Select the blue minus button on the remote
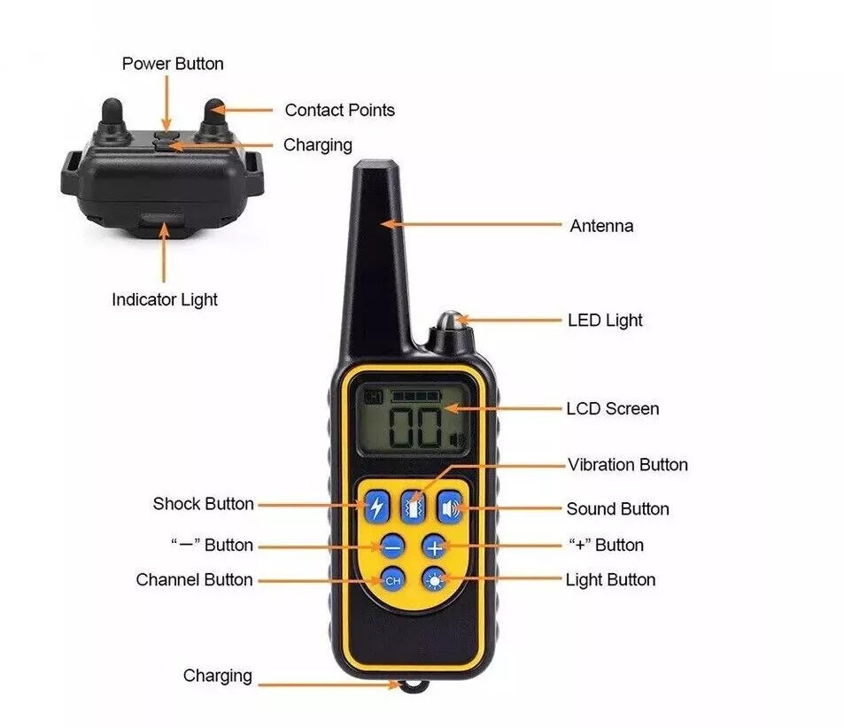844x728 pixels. click(x=393, y=546)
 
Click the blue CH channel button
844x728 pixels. click(x=393, y=580)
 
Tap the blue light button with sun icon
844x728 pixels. click(x=434, y=580)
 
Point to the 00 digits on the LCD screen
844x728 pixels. click(x=416, y=428)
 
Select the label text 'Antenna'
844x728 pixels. click(x=601, y=226)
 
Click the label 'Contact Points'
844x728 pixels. click(x=339, y=110)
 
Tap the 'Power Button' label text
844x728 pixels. click(x=173, y=64)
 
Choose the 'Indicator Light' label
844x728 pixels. click(x=165, y=299)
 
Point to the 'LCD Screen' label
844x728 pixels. click(x=612, y=409)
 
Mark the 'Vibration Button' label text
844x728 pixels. click(x=627, y=465)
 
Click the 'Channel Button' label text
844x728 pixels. click(x=194, y=580)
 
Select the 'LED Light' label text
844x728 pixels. click(x=605, y=321)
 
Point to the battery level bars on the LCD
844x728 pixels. click(x=415, y=395)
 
